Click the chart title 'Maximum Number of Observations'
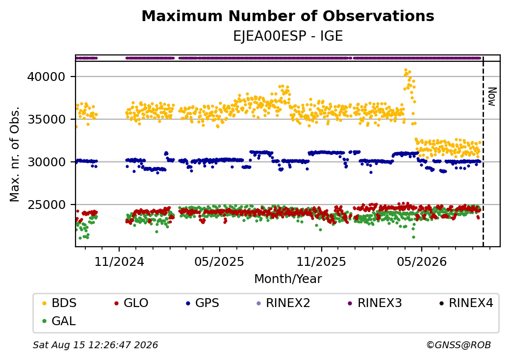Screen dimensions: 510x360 tap(288, 16)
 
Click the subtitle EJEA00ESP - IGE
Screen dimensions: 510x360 tap(288, 36)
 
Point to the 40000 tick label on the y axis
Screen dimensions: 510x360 tap(46, 77)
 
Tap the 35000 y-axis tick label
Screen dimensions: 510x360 tap(46, 119)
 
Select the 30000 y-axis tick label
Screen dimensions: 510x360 tap(46, 162)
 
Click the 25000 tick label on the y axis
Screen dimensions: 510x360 tap(46, 205)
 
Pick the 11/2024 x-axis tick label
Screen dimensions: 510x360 tap(119, 261)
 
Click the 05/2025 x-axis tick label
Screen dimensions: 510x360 tap(219, 261)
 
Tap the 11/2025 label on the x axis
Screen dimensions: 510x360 tap(321, 261)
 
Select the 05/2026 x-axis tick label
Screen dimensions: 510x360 tap(422, 261)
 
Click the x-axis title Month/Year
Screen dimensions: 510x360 tap(288, 279)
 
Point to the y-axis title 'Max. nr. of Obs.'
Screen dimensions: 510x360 tap(14, 154)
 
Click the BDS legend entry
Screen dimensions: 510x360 tap(59, 303)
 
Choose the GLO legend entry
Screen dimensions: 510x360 tap(131, 303)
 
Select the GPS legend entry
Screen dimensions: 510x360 tap(203, 303)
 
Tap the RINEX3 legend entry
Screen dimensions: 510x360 tap(375, 303)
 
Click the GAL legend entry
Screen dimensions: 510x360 tap(59, 321)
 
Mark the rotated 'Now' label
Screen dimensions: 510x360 tap(492, 97)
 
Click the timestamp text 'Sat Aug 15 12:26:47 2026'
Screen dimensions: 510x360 tap(95, 345)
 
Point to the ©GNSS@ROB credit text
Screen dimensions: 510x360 tap(459, 345)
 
